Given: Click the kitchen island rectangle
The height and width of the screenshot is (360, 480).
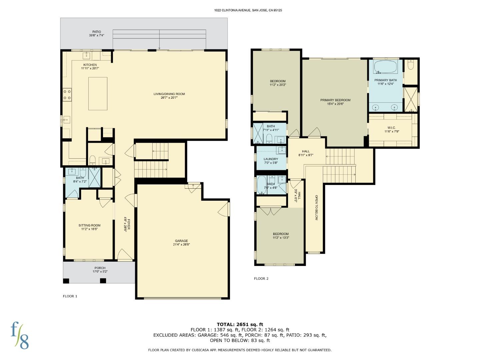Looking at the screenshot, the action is (x=98, y=94).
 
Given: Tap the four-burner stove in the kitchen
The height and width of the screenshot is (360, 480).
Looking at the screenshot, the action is (x=67, y=95).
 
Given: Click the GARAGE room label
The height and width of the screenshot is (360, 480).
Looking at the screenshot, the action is (x=181, y=241).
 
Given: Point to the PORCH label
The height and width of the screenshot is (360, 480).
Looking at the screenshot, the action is (x=100, y=268).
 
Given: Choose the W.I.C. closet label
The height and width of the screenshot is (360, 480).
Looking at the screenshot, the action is (x=392, y=128).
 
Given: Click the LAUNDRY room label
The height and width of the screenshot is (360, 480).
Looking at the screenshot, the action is (x=271, y=159).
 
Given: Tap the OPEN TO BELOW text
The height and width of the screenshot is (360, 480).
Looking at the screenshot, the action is (x=316, y=207).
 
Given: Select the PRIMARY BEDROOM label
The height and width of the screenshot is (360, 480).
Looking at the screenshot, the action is (x=335, y=100).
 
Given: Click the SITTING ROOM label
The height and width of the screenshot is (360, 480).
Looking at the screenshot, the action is (x=89, y=225).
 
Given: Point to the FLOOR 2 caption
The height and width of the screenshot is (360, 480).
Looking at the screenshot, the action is (x=261, y=278).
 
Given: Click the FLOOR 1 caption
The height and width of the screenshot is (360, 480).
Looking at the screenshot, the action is (x=70, y=296).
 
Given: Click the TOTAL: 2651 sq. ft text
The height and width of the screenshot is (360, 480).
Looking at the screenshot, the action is (x=240, y=324).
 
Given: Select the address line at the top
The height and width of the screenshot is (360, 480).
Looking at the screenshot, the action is (x=248, y=10).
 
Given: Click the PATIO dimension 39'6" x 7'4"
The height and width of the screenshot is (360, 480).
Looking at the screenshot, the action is (x=96, y=35).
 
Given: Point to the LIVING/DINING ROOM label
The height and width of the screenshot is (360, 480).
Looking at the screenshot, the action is (x=169, y=94).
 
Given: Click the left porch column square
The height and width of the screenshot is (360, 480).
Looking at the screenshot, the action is (x=66, y=281).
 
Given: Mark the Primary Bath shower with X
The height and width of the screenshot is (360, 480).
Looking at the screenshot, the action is (x=410, y=99).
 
